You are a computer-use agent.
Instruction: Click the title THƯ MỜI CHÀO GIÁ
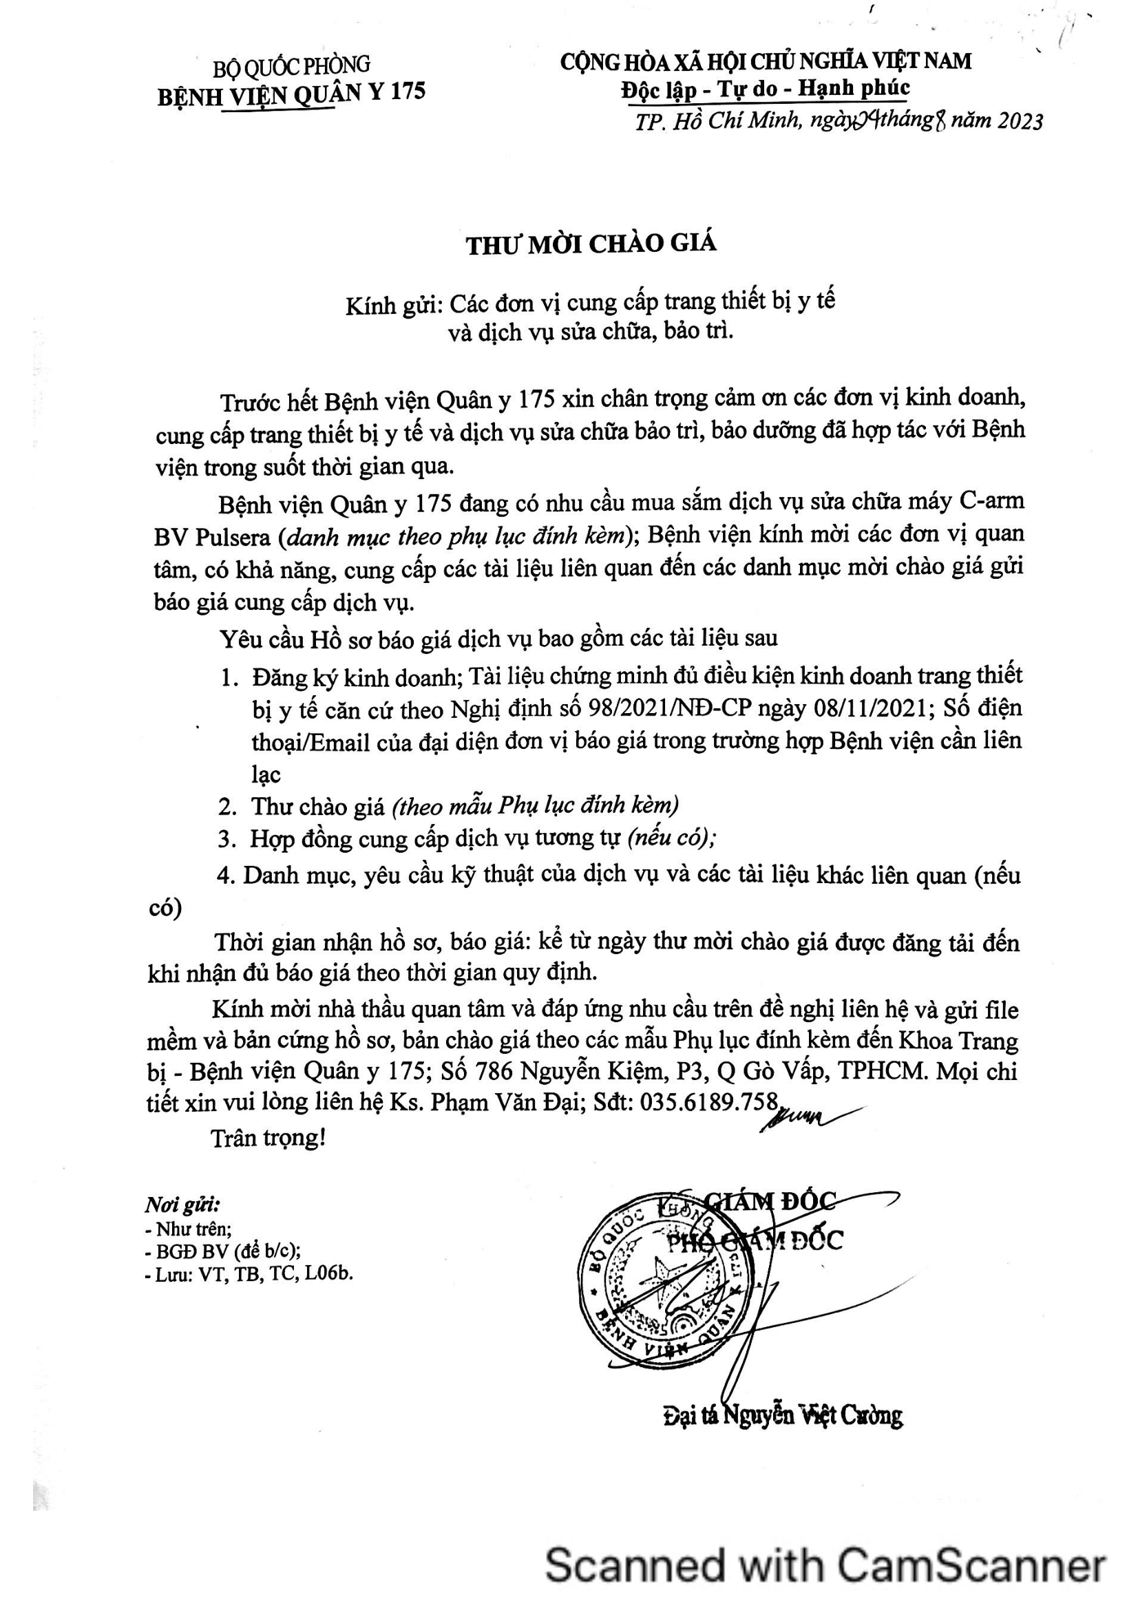[591, 244]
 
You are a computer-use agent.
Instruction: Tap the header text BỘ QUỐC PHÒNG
[292, 67]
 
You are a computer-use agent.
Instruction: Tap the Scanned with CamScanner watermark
[825, 1565]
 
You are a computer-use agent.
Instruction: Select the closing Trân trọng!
[268, 1137]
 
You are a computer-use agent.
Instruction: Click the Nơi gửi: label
[182, 1205]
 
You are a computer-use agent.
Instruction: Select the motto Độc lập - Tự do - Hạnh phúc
[765, 89]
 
